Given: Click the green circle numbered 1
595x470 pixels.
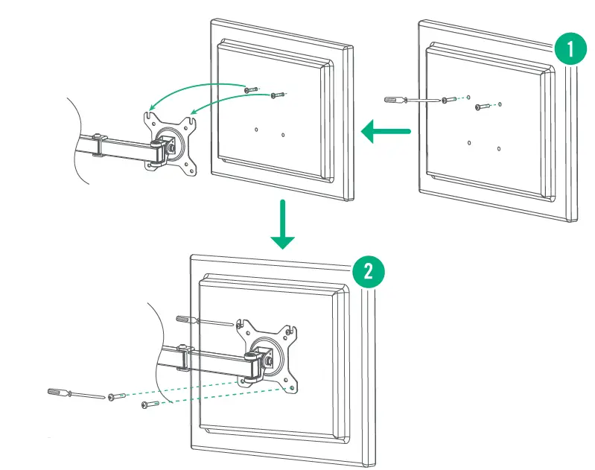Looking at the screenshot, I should (570, 51).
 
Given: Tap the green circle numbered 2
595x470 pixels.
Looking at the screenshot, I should (367, 272).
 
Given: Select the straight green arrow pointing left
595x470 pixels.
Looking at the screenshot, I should (386, 132).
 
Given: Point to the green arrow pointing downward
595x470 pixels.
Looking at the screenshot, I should (282, 224).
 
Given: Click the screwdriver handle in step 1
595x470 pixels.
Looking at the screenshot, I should (393, 99).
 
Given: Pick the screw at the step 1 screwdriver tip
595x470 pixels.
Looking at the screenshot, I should (445, 100).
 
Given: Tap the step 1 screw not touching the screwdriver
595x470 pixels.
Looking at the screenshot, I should (481, 108).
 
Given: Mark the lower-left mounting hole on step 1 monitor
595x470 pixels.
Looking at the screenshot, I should (468, 141).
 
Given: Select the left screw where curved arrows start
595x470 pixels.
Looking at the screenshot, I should (250, 89).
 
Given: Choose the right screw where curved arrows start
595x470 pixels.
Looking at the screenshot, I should (277, 95).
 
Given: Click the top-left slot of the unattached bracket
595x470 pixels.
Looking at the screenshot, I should (150, 115).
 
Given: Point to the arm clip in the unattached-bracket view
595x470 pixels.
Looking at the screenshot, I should (98, 145).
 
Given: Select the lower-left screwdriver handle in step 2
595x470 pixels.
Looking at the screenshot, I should (58, 391).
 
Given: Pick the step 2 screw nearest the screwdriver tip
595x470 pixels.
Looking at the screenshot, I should (114, 396).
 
